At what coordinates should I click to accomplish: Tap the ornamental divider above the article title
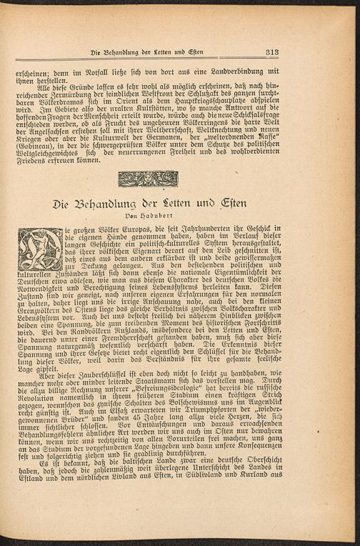(x=148, y=179)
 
